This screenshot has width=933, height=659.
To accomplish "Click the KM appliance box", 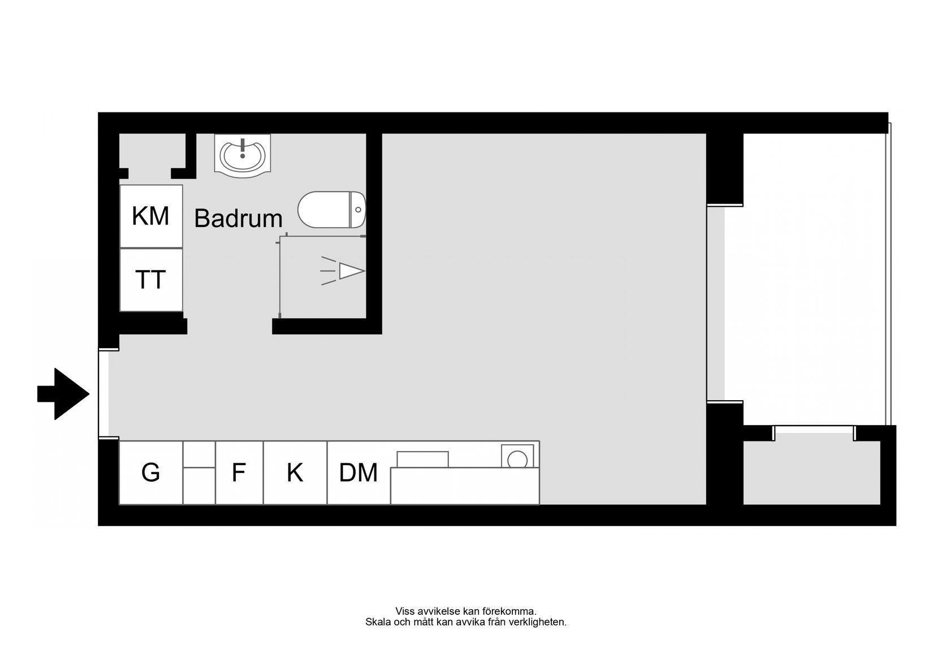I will pyautogui.click(x=151, y=216).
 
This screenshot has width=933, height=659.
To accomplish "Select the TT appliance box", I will pyautogui.click(x=151, y=280).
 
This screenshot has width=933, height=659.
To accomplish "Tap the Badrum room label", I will pyautogui.click(x=238, y=219).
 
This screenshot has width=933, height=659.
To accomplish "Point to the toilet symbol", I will pyautogui.click(x=331, y=210).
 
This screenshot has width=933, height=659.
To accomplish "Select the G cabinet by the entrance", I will pyautogui.click(x=150, y=472).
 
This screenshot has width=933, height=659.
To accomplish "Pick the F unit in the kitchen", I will pyautogui.click(x=239, y=472).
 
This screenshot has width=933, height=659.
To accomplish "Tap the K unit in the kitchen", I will pyautogui.click(x=295, y=472).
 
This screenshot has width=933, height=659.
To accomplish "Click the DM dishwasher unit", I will pyautogui.click(x=358, y=472).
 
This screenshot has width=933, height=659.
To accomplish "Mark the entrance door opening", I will pyautogui.click(x=103, y=394).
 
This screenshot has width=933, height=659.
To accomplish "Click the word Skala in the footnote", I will pyautogui.click(x=377, y=622).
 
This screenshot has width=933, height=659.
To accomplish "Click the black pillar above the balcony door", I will pyautogui.click(x=724, y=168).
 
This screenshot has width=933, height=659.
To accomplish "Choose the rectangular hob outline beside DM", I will pyautogui.click(x=422, y=459).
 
